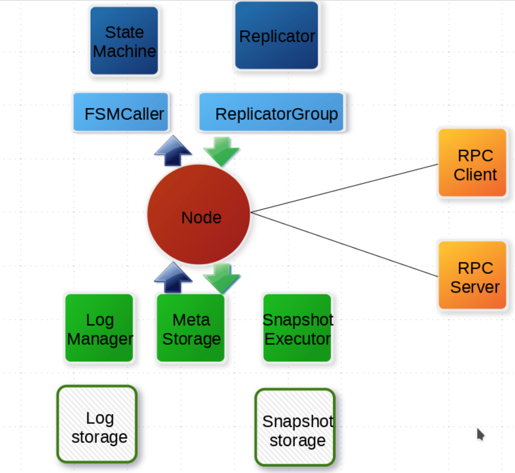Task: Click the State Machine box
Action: pos(124,41)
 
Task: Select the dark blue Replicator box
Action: pos(277,36)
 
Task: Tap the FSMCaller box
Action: pos(121,112)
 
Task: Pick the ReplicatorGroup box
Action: pos(272,112)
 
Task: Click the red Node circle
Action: pos(199,215)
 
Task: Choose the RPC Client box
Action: pos(473,163)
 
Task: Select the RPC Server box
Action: pos(473,275)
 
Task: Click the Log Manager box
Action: pos(99,328)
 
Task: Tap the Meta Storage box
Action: pos(191,328)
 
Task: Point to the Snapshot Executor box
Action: pos(297,328)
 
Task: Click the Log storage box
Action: pos(97,424)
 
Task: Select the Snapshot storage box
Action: pos(295,427)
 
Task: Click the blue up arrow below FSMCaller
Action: pos(173,151)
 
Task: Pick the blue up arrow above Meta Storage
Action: pos(173,278)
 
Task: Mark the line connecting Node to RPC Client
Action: pos(344,188)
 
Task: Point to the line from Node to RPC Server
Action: pos(344,245)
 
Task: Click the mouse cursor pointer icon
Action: pos(480,434)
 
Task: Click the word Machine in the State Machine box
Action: pos(124,51)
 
